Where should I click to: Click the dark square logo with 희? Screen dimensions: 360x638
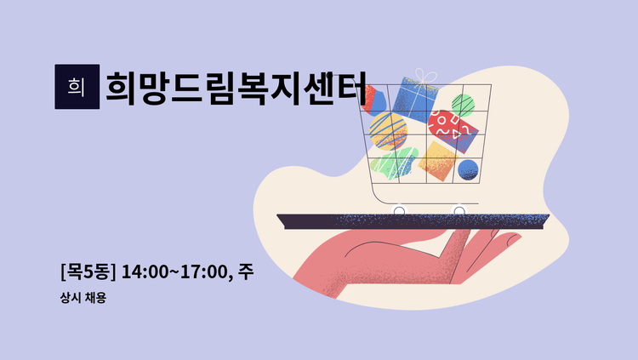click(x=76, y=87)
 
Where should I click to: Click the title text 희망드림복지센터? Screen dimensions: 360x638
click(x=236, y=87)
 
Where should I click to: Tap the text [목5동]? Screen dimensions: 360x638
click(x=88, y=272)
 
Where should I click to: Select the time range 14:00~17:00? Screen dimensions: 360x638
click(x=175, y=272)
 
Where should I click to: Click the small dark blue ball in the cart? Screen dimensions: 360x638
click(x=468, y=169)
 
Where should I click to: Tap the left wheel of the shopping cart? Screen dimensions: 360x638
click(x=398, y=209)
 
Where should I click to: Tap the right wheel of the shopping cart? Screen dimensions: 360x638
click(x=459, y=209)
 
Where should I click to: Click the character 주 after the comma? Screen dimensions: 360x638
click(x=246, y=272)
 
